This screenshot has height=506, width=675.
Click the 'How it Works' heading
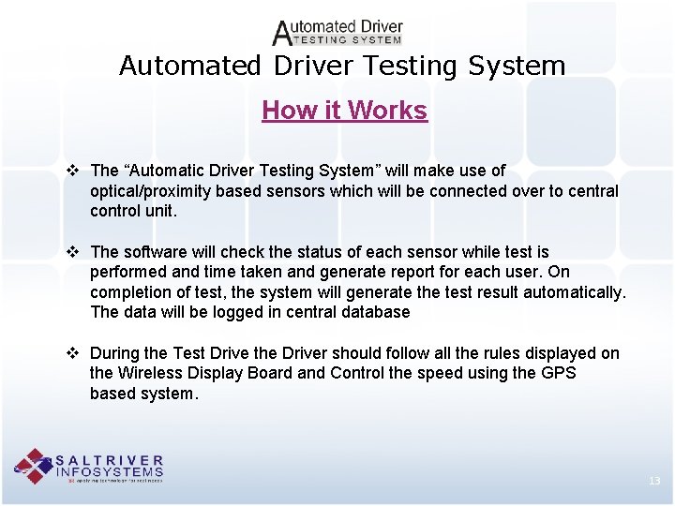coord(344,111)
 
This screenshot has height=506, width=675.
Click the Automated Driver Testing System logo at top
coord(337,33)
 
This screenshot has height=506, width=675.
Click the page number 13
coord(653,481)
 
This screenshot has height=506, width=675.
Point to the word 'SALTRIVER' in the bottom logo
coord(110,461)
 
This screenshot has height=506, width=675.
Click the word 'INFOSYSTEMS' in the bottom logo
coord(110,471)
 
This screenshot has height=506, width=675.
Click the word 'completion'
coord(129,292)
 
